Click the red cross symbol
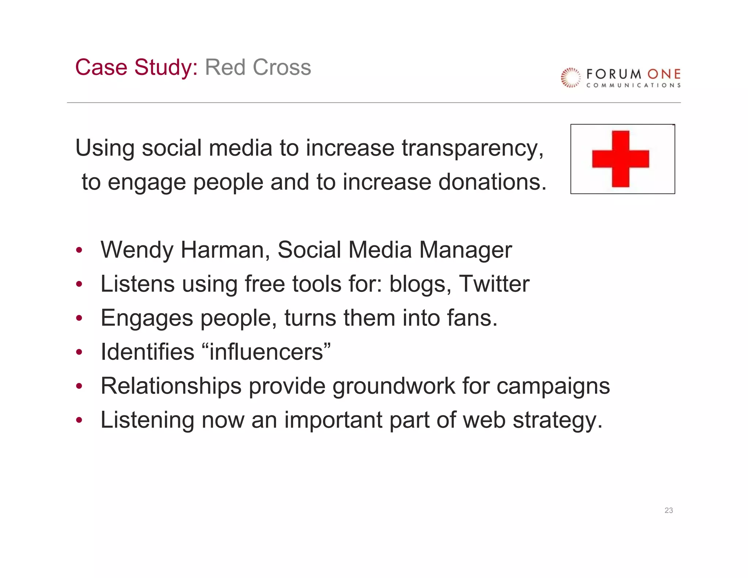coord(621,159)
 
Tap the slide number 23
coord(668,510)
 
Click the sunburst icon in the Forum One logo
coord(570,77)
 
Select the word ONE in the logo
coord(664,74)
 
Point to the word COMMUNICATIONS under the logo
coord(633,85)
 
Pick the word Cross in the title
coord(282,68)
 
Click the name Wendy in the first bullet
coord(137,251)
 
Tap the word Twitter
coord(494,284)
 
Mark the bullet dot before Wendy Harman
coord(79,251)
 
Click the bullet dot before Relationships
coord(79,386)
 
